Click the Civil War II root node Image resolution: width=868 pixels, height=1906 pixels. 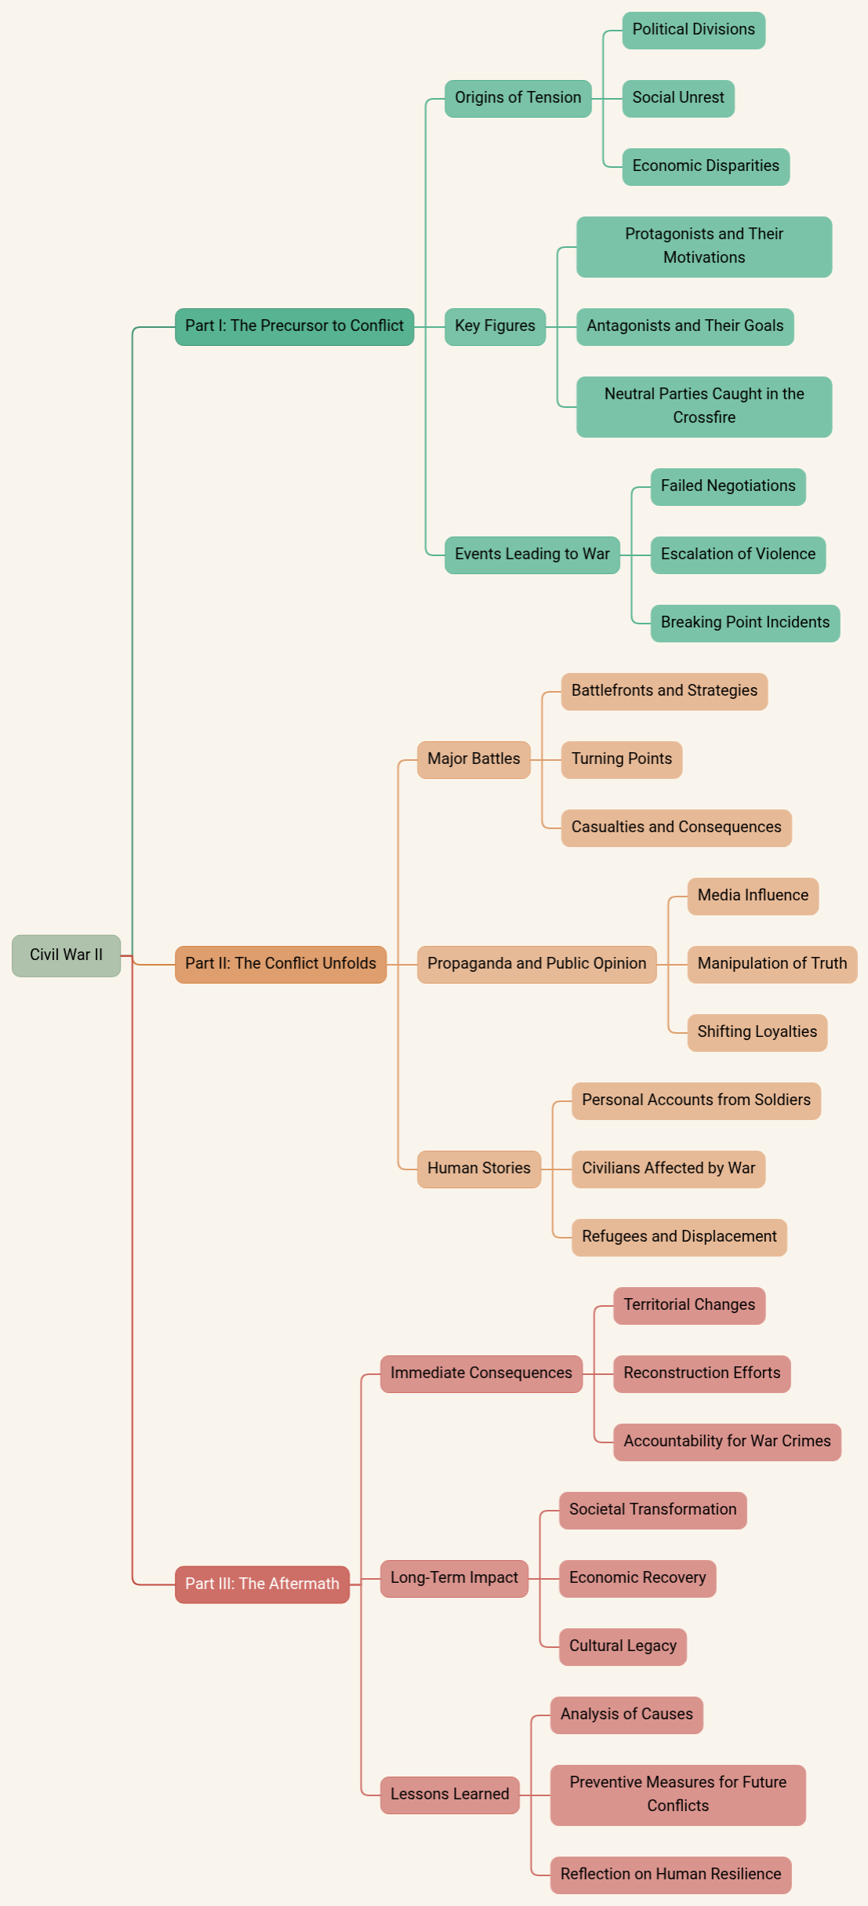click(x=66, y=955)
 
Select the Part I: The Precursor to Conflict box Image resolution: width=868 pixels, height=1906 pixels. click(x=294, y=326)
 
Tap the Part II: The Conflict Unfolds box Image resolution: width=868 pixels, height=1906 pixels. click(x=280, y=964)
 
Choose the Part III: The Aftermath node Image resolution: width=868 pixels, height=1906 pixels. click(x=262, y=1584)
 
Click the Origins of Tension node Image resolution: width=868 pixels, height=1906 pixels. click(x=518, y=98)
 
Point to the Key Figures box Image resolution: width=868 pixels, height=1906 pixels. click(x=495, y=326)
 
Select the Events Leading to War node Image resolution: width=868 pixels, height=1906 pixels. click(x=532, y=555)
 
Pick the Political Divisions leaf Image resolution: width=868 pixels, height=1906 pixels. click(x=693, y=30)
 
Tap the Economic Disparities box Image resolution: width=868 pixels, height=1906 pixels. click(x=706, y=166)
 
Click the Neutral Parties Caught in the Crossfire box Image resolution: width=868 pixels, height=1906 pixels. click(x=703, y=406)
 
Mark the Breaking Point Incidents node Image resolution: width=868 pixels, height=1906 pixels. click(x=745, y=623)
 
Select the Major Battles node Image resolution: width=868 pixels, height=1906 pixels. click(x=474, y=759)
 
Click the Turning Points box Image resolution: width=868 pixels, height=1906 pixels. click(x=621, y=759)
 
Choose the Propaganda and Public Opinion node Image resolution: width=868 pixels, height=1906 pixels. click(x=536, y=964)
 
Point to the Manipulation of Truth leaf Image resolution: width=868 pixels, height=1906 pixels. click(x=772, y=964)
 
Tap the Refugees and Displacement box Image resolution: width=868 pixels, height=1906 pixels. click(x=679, y=1237)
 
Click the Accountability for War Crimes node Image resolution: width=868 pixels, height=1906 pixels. click(x=727, y=1442)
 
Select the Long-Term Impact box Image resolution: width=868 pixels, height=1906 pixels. click(x=454, y=1578)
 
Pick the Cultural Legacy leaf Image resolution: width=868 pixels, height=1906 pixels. click(x=623, y=1646)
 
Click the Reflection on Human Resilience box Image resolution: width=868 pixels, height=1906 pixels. click(x=670, y=1875)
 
